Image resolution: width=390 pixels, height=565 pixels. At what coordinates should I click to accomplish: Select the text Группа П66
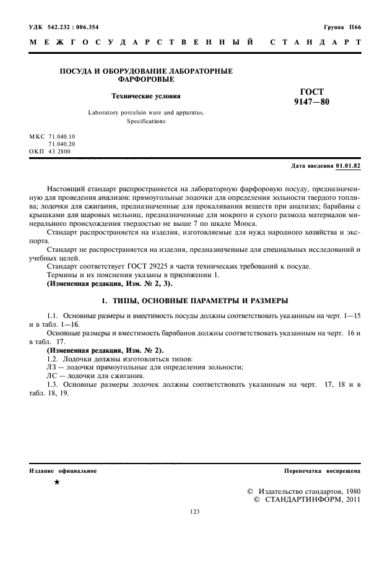point(342,27)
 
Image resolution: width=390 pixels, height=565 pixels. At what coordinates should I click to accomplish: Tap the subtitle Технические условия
point(145,97)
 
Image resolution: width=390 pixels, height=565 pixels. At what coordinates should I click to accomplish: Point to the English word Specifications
point(146,122)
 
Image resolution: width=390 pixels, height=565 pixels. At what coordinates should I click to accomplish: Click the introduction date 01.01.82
point(348,166)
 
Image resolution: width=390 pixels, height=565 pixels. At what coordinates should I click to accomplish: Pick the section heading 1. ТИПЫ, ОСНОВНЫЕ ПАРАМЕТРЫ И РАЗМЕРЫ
point(194,301)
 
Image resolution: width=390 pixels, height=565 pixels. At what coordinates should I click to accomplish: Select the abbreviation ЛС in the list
point(53,376)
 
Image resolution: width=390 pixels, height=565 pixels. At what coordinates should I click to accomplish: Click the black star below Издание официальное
point(57,481)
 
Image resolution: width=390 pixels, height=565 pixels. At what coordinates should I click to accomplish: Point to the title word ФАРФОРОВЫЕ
point(145,79)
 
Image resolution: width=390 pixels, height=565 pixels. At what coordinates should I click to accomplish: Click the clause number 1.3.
point(54,384)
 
